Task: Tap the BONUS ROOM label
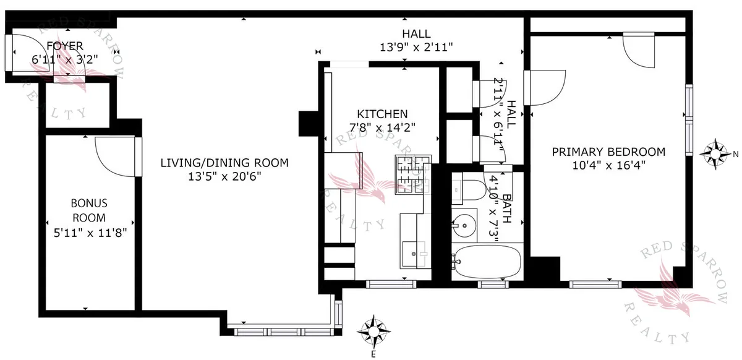[x=88, y=210]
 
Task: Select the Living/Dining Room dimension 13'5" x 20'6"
[x=224, y=177]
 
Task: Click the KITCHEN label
[x=382, y=114]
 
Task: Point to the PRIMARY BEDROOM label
[x=608, y=152]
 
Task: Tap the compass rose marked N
[x=716, y=154]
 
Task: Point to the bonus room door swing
[x=114, y=156]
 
